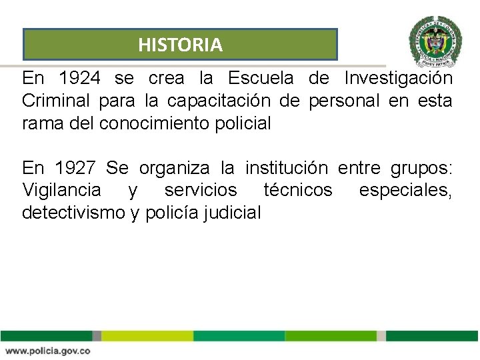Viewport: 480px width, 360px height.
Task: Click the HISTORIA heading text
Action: click(x=180, y=45)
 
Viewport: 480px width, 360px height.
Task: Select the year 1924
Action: click(x=80, y=79)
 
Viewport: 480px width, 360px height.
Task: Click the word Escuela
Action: click(x=260, y=79)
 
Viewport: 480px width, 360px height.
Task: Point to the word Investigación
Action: click(x=399, y=79)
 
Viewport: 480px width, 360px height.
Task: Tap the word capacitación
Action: click(x=219, y=101)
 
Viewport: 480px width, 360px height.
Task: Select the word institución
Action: click(x=287, y=167)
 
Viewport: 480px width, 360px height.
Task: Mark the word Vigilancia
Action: click(x=62, y=190)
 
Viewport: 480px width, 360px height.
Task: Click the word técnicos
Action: click(x=297, y=190)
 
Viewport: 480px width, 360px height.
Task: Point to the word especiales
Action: click(x=405, y=190)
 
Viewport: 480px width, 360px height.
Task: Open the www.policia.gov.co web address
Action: click(x=47, y=351)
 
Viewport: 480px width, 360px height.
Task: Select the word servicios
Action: click(x=201, y=190)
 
